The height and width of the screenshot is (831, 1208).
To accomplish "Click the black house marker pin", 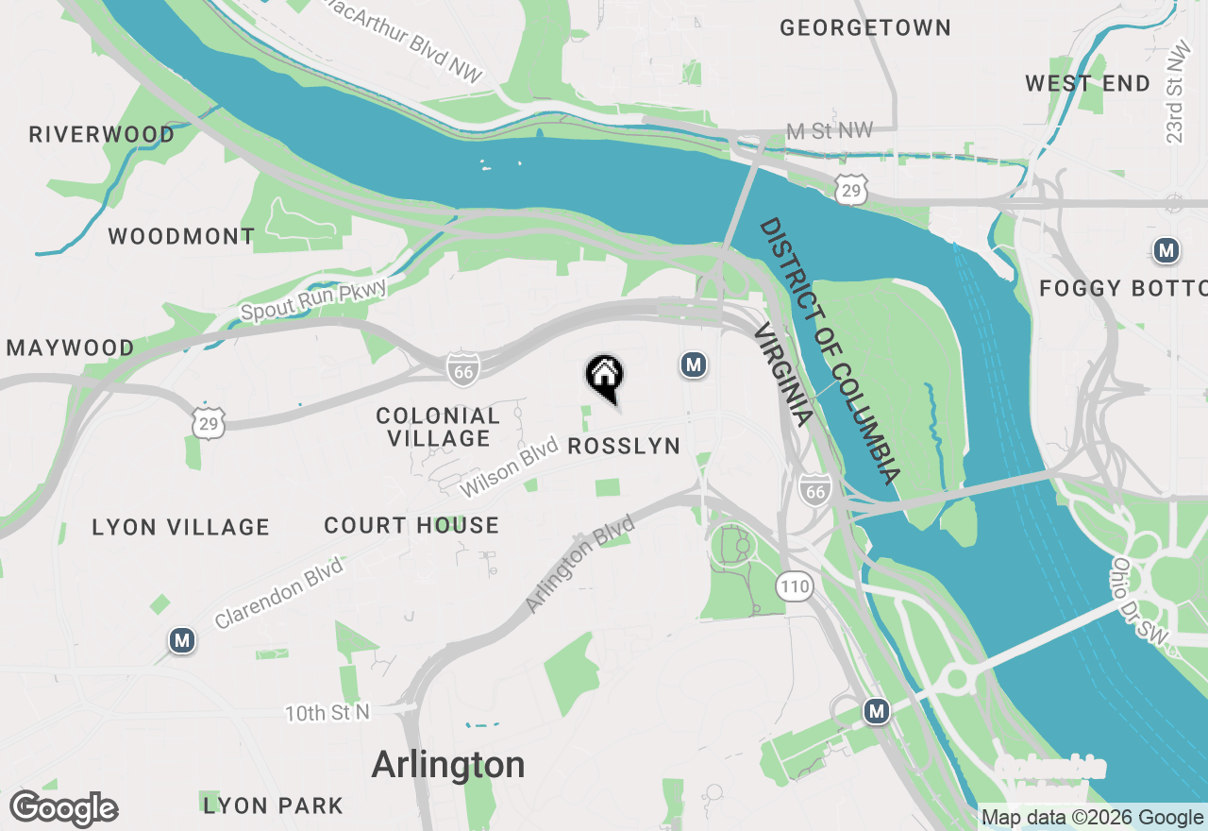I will click(605, 376).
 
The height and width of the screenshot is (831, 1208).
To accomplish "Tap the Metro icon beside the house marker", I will click(694, 364).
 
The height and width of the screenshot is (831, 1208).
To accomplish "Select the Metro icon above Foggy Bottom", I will click(1166, 250).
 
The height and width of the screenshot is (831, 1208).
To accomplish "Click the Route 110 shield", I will click(795, 586).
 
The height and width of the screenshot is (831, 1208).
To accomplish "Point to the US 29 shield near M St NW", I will click(850, 189).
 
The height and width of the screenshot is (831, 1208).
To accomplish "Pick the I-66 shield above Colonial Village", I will click(463, 369).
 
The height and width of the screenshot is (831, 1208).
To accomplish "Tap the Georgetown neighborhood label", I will click(864, 28).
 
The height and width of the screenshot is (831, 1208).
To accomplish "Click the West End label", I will click(1087, 83).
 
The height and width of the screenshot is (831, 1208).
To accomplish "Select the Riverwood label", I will click(102, 134).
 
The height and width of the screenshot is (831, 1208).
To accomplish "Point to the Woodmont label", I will click(181, 236).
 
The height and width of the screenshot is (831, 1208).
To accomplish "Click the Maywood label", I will click(71, 348).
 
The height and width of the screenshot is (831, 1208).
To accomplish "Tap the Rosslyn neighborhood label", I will click(624, 446).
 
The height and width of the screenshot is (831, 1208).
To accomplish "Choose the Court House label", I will click(411, 525).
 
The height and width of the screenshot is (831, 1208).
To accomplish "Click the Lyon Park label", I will click(274, 806).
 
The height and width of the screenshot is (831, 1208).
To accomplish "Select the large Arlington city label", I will click(448, 764).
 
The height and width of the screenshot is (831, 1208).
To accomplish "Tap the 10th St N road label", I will click(328, 712).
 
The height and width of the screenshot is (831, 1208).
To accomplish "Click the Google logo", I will click(64, 809).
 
